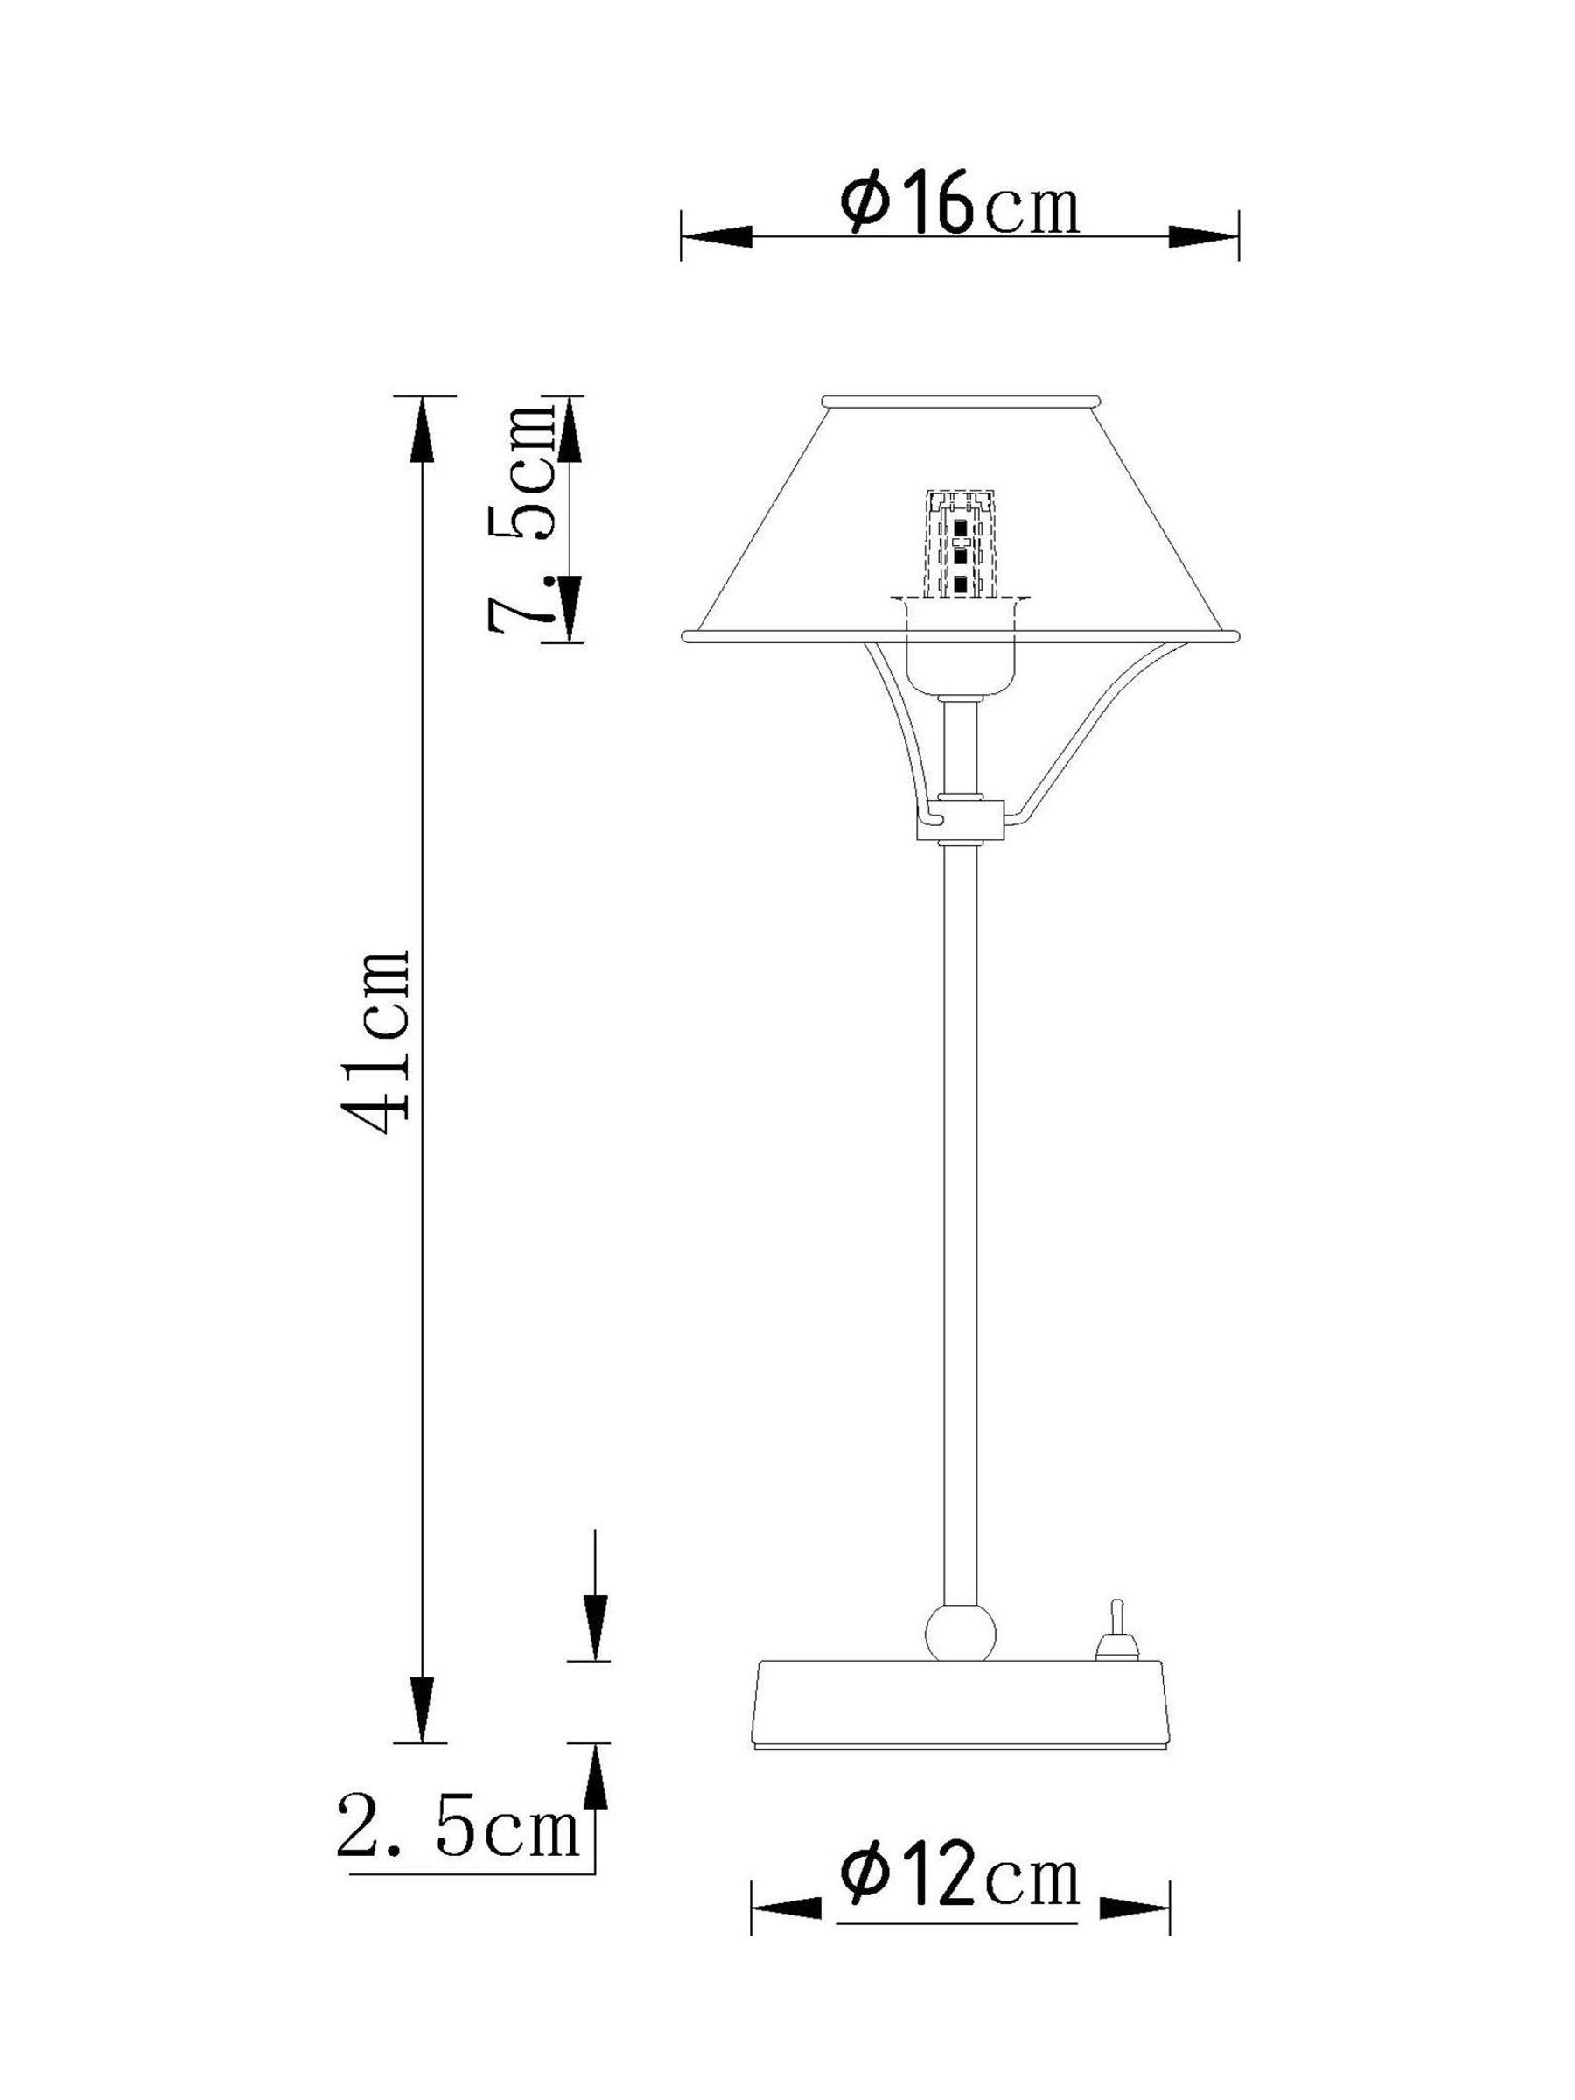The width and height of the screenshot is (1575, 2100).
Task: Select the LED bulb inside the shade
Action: pyautogui.click(x=960, y=546)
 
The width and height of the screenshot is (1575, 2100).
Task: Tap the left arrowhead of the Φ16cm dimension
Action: pyautogui.click(x=717, y=236)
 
